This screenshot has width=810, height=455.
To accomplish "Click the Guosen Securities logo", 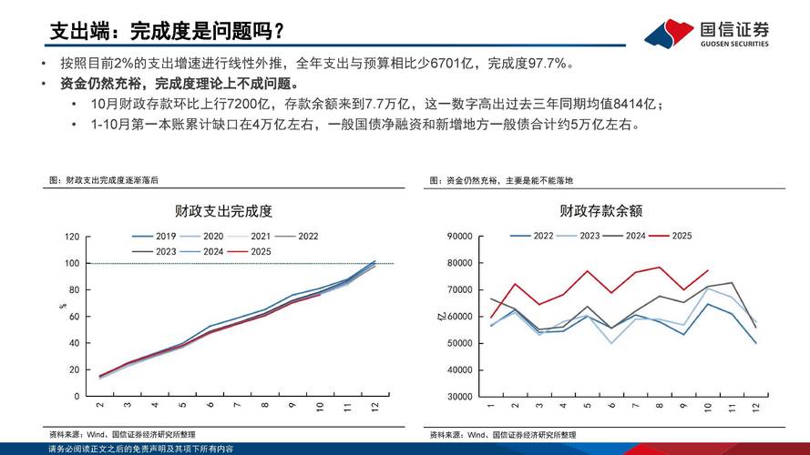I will click(706, 34).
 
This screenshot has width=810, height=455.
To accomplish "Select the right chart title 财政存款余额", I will click(601, 211).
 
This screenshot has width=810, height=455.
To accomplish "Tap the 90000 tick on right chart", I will click(459, 237).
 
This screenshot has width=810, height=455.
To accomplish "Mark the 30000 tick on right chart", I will click(459, 398).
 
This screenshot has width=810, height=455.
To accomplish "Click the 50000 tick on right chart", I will click(459, 344).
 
